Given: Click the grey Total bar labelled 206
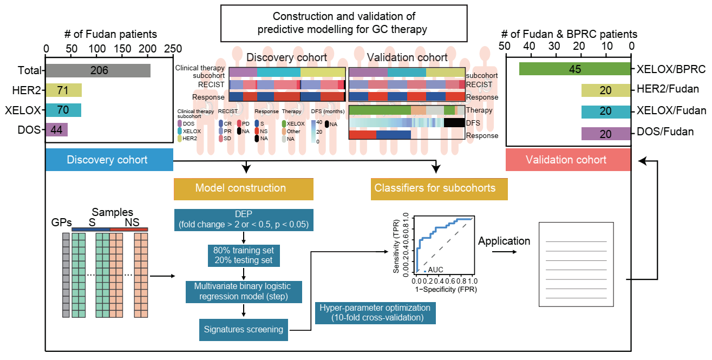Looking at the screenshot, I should (x=98, y=70).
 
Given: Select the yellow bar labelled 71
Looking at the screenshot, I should (x=64, y=90).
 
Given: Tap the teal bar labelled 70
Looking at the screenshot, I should (x=63, y=110).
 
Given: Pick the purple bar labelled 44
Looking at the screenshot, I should (x=57, y=130).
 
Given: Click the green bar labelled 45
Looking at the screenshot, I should (x=574, y=69).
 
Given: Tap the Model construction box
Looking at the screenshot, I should (x=243, y=188).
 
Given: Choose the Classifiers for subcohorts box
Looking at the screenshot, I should (x=439, y=189).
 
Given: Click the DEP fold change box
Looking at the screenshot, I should (x=243, y=220).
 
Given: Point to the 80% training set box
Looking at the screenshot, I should (x=243, y=255).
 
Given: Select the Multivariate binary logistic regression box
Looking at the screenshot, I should (x=243, y=292).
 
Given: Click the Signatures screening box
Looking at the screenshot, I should (x=243, y=329).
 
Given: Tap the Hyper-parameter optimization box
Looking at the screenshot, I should (x=375, y=312).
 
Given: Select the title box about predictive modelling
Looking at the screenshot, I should (x=343, y=23).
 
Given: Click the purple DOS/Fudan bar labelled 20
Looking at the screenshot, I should (x=606, y=133).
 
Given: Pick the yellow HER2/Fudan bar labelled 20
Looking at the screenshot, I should (x=606, y=90).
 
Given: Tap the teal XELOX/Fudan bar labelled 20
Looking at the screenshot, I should (x=606, y=112).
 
